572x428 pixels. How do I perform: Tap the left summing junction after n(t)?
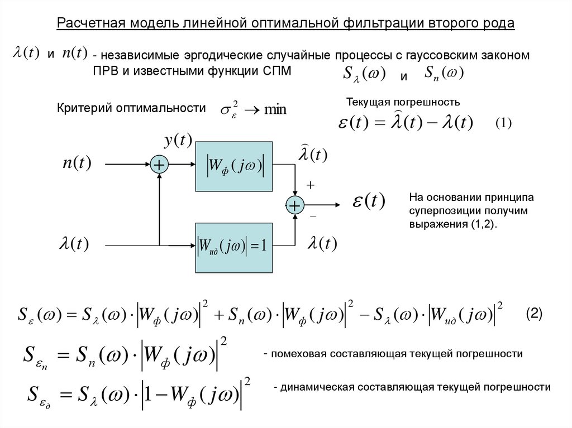(160, 165)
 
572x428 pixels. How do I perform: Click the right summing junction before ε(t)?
(294, 205)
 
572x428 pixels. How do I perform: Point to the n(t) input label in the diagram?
(77, 163)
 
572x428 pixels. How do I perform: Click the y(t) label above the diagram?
(178, 139)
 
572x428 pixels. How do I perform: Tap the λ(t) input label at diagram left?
(74, 244)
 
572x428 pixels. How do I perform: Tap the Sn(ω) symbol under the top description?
(445, 73)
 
